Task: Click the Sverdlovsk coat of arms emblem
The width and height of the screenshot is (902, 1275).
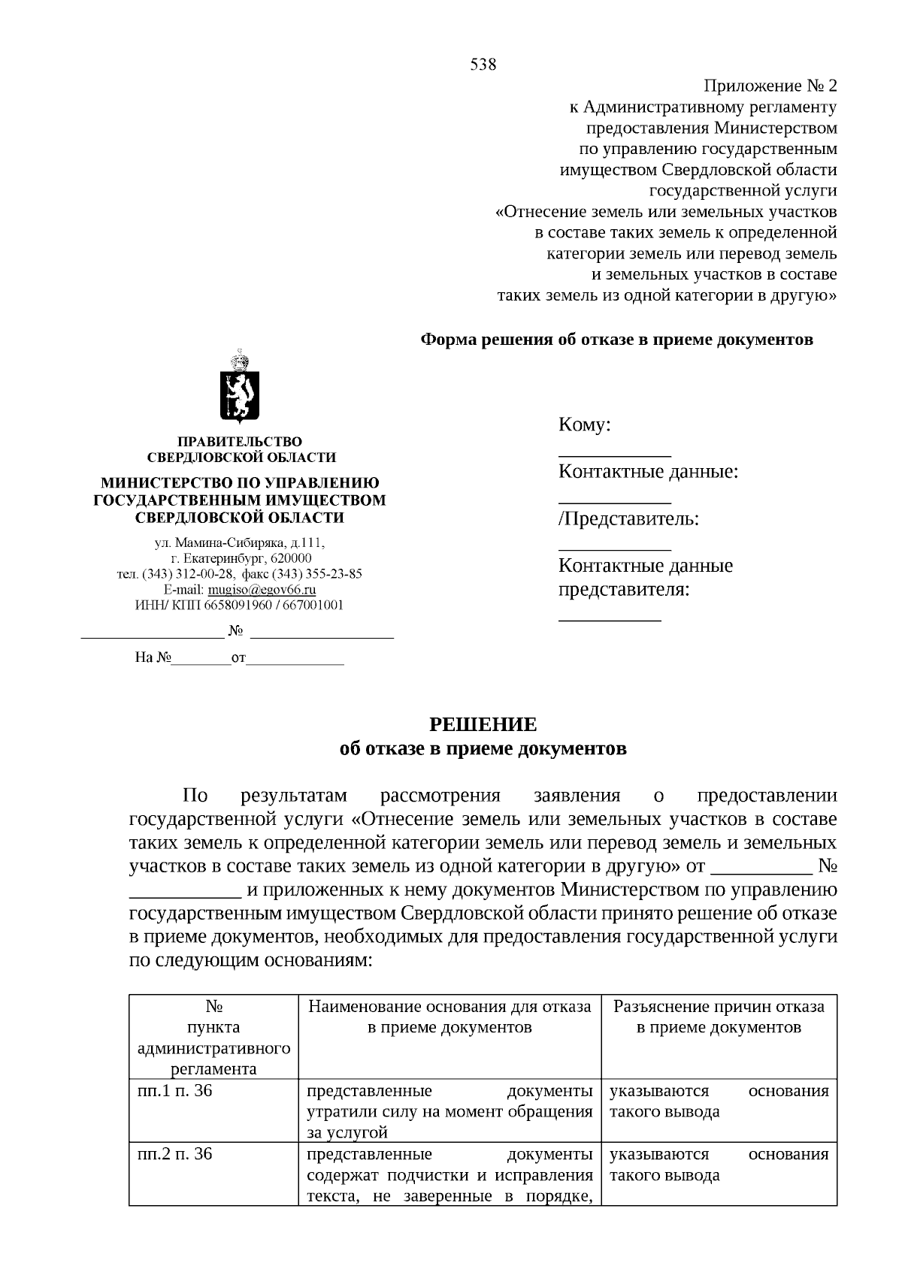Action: [240, 389]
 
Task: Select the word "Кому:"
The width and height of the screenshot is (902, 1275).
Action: [584, 425]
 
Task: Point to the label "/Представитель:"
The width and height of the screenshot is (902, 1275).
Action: [628, 519]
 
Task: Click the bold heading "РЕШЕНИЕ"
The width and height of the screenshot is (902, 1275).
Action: [483, 725]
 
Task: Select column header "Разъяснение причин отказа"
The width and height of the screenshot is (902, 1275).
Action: [719, 1007]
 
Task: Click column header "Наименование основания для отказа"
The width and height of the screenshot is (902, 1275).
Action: [449, 1007]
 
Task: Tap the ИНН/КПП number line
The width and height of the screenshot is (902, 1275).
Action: [240, 606]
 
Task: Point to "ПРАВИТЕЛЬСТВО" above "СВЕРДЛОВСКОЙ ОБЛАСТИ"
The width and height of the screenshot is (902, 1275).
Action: [240, 442]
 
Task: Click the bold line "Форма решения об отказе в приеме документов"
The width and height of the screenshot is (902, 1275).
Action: [616, 340]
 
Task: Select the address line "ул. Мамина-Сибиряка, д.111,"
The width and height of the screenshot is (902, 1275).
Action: [240, 542]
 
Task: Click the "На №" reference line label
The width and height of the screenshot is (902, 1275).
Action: [153, 658]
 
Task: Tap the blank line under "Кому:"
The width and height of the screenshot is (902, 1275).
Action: [614, 454]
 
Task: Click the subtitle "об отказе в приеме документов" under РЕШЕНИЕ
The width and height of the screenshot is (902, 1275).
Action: [483, 749]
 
